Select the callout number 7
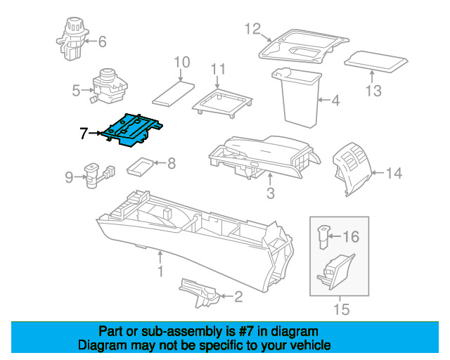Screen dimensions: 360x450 click(84, 132)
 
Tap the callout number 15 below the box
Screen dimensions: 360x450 click(340, 307)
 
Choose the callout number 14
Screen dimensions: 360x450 click(394, 172)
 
